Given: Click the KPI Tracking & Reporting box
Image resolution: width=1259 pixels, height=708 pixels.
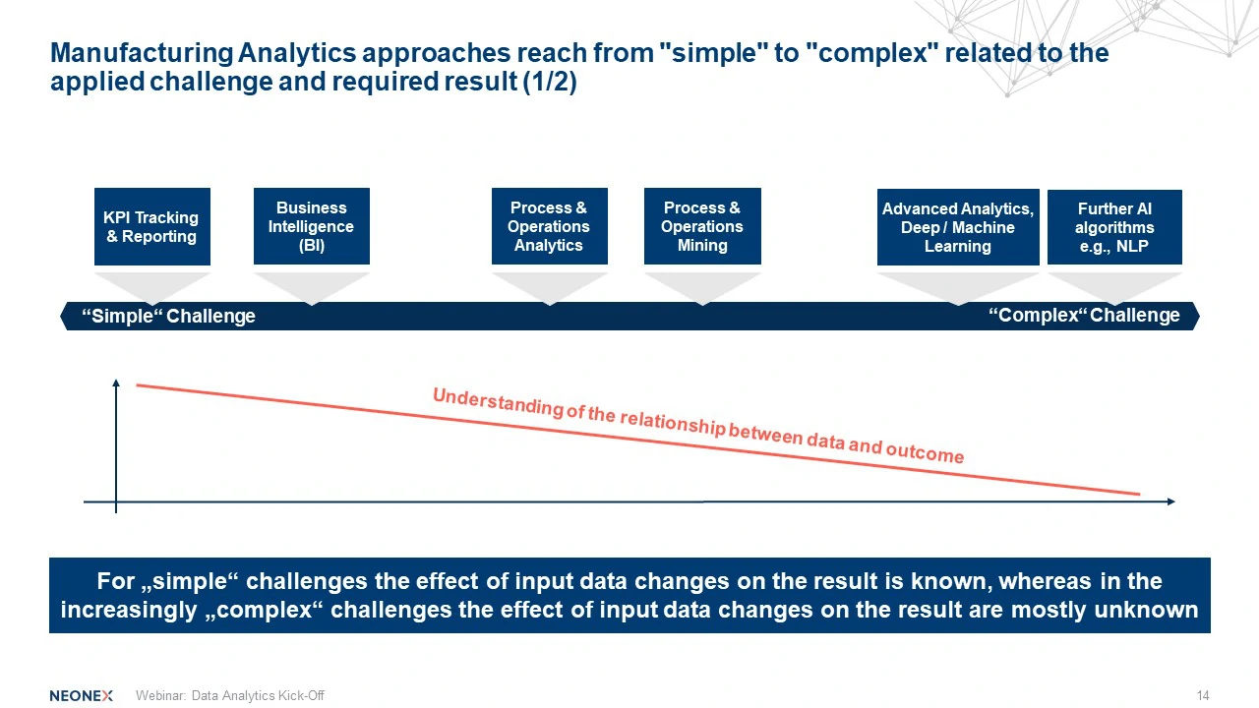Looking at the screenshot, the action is (x=152, y=226).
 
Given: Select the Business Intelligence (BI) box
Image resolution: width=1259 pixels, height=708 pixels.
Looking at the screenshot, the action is (x=312, y=226).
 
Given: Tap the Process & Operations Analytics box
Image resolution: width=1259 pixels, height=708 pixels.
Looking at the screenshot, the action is (x=549, y=226).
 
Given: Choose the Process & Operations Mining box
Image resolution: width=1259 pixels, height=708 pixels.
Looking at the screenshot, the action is (x=702, y=226).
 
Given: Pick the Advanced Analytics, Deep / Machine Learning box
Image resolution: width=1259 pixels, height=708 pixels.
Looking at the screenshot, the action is (x=958, y=227).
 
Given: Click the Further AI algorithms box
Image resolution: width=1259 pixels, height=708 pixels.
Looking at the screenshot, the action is (x=1114, y=227).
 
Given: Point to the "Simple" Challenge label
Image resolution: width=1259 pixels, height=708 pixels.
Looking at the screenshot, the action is (x=168, y=316).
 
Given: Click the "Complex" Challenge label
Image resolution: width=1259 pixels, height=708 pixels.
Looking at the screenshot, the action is (x=1084, y=316).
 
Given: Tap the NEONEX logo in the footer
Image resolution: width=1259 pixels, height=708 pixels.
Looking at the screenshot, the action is (x=82, y=695).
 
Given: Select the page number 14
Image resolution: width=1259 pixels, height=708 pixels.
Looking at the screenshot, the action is (x=1203, y=695).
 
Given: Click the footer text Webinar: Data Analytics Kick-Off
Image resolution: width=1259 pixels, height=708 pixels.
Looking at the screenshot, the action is (x=230, y=695).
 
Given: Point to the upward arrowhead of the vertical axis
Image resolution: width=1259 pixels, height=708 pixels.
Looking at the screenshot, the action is (x=116, y=383).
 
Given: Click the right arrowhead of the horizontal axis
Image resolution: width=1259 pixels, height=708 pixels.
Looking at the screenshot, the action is (x=1170, y=501).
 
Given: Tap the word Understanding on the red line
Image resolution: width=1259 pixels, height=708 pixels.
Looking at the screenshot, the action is (x=499, y=403).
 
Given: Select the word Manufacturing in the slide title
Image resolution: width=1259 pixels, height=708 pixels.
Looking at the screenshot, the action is (x=142, y=53).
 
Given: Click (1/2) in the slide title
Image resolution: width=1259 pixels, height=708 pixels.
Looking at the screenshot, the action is (x=550, y=82).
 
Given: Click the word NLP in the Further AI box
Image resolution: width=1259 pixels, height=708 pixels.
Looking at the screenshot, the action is (x=1132, y=246).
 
